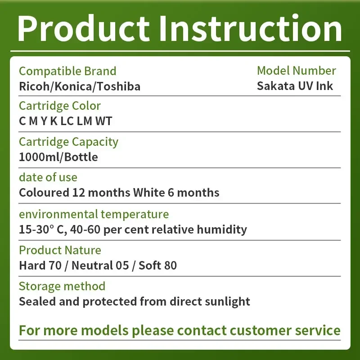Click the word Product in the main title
[x=84, y=28]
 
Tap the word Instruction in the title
[x=251, y=28]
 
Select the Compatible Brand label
[x=67, y=71]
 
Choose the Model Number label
[x=297, y=71]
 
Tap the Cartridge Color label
[x=60, y=106]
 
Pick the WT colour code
[x=103, y=121]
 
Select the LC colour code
[x=67, y=121]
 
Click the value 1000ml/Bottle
[x=58, y=157]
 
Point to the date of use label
[x=48, y=177]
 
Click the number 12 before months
[x=78, y=193]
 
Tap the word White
[x=149, y=193]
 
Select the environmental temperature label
[x=94, y=215]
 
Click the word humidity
[x=222, y=229]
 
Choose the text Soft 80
[x=157, y=265]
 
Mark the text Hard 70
[x=40, y=265]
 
